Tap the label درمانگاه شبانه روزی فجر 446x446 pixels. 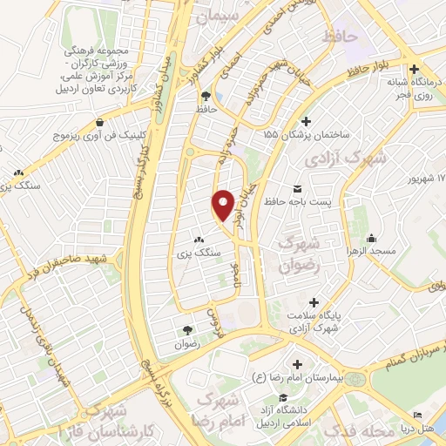coord(416,89)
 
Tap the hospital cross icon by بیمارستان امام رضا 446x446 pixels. coord(297,363)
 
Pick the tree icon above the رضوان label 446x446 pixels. coord(187,329)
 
